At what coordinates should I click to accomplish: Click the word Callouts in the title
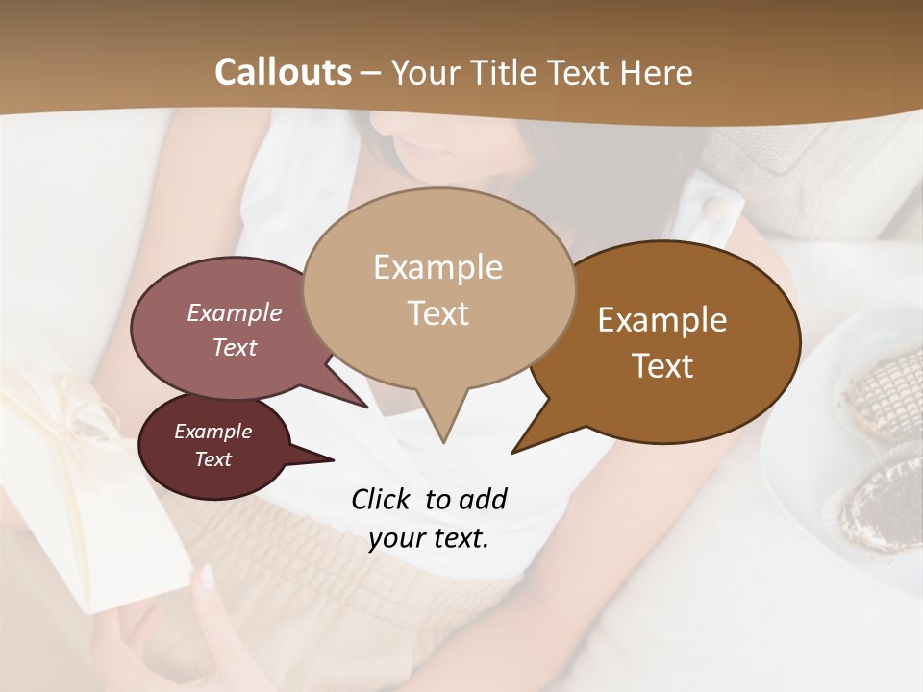283,72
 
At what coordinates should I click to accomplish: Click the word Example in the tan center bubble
437,267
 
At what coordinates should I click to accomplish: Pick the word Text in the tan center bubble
437,313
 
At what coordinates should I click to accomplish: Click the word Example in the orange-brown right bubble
662,320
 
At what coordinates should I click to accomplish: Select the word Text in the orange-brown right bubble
662,366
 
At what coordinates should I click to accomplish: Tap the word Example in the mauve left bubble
235,312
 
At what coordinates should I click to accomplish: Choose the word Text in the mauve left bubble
235,347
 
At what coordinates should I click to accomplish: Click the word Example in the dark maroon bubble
212,432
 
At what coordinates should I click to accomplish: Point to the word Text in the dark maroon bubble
212,459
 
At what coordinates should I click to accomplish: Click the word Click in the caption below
382,499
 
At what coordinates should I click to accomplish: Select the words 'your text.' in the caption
429,539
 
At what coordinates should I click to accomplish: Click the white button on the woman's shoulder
712,207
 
